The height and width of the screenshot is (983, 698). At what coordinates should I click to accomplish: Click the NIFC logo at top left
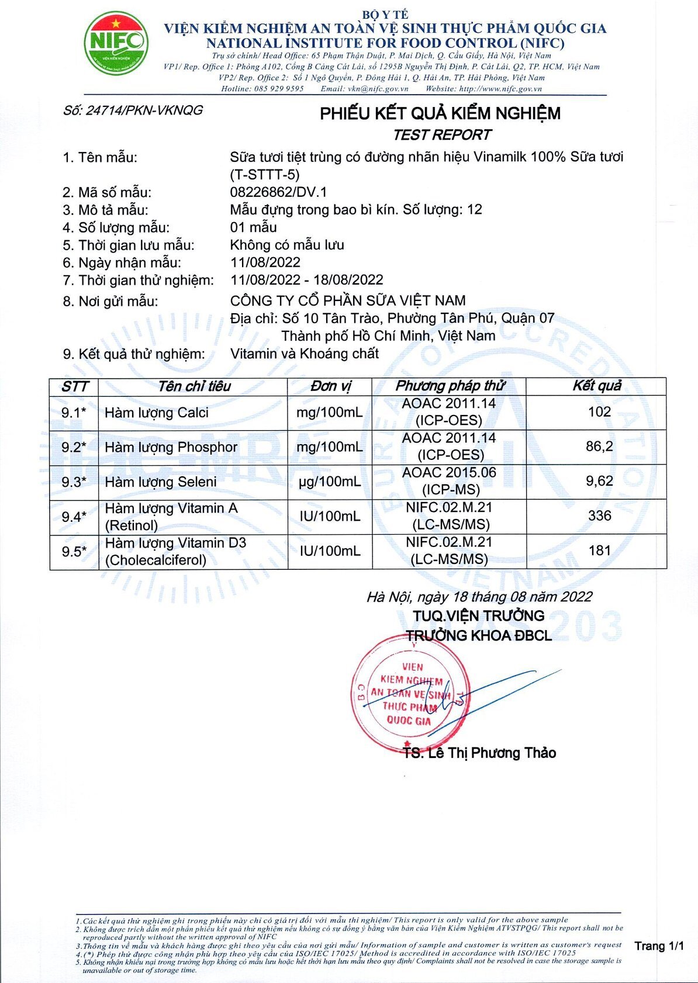pyautogui.click(x=116, y=44)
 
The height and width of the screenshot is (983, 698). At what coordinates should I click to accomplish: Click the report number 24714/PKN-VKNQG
pyautogui.click(x=133, y=110)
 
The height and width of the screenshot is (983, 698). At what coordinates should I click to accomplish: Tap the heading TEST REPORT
pyautogui.click(x=441, y=135)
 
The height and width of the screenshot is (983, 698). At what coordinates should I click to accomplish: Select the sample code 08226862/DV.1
pyautogui.click(x=278, y=192)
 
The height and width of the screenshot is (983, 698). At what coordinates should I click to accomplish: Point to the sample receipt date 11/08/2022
pyautogui.click(x=265, y=262)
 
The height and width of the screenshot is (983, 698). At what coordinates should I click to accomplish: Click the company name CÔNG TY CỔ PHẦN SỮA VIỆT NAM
pyautogui.click(x=348, y=300)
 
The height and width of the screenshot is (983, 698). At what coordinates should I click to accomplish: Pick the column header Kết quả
pyautogui.click(x=596, y=386)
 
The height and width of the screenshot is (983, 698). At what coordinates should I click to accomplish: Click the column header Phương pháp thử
pyautogui.click(x=450, y=386)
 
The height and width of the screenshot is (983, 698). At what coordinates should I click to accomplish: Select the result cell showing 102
pyautogui.click(x=599, y=412)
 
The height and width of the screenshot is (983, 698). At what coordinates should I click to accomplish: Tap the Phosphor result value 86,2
pyautogui.click(x=599, y=446)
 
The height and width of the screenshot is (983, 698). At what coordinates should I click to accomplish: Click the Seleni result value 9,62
pyautogui.click(x=599, y=481)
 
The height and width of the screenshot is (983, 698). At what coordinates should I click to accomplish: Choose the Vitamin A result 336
pyautogui.click(x=599, y=515)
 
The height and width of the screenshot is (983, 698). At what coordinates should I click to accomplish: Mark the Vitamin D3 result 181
pyautogui.click(x=599, y=551)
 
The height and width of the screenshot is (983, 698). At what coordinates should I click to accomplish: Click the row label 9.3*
pyautogui.click(x=74, y=482)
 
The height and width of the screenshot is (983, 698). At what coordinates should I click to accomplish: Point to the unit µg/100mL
pyautogui.click(x=330, y=482)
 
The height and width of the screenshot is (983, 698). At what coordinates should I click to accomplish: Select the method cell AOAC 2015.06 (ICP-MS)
pyautogui.click(x=449, y=481)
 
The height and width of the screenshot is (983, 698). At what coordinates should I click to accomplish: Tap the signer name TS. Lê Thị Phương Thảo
pyautogui.click(x=479, y=753)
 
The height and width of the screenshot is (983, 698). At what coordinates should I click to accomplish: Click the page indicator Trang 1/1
pyautogui.click(x=659, y=946)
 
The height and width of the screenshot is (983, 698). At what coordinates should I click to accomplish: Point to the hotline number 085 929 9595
pyautogui.click(x=279, y=89)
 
